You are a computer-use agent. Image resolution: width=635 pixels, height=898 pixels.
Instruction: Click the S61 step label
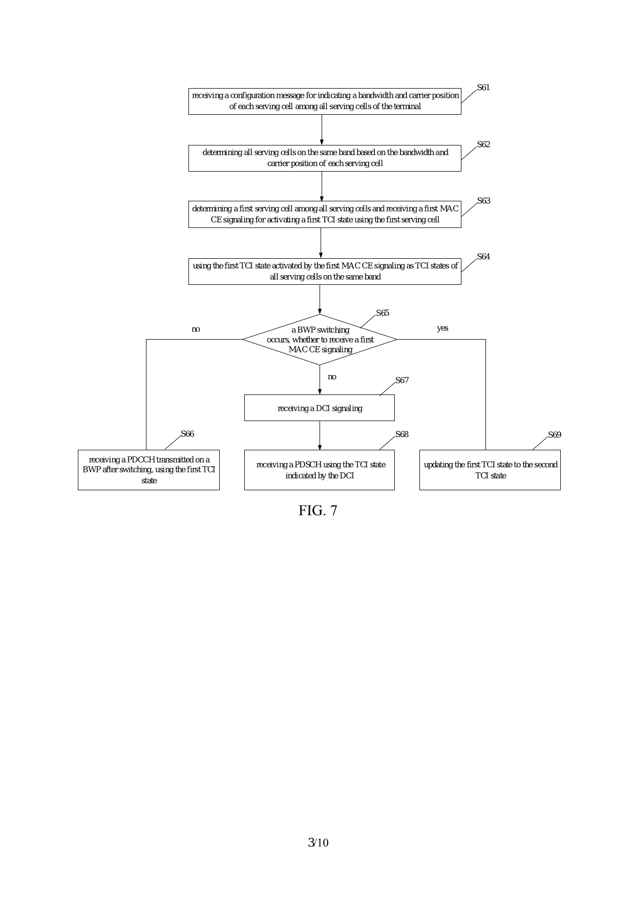pyautogui.click(x=483, y=88)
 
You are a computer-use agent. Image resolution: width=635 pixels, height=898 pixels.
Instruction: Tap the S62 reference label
pyautogui.click(x=483, y=144)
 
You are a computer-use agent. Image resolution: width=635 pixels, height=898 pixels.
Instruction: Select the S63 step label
pyautogui.click(x=483, y=201)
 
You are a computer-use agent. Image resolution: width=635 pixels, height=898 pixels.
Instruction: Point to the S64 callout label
pyautogui.click(x=483, y=257)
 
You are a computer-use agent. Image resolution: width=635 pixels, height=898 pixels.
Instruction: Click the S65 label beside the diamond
pyautogui.click(x=383, y=313)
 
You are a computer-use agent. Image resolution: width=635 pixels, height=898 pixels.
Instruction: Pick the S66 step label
pyautogui.click(x=187, y=434)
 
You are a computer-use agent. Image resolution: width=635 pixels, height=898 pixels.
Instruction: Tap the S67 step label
pyautogui.click(x=402, y=380)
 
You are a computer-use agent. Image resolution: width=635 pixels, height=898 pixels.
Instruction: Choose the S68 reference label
pyautogui.click(x=402, y=434)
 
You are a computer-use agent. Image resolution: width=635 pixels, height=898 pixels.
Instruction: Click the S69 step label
pyautogui.click(x=555, y=435)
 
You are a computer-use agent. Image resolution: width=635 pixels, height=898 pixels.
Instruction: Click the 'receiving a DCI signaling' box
pyautogui.click(x=320, y=408)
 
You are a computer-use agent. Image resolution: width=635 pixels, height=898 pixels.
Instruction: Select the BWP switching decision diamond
pyautogui.click(x=320, y=340)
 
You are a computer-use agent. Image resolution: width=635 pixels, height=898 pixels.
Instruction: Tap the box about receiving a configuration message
pyautogui.click(x=325, y=101)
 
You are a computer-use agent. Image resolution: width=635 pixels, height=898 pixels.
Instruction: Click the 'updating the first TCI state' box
pyautogui.click(x=490, y=470)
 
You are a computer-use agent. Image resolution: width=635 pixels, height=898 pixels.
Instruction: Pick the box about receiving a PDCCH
pyautogui.click(x=149, y=470)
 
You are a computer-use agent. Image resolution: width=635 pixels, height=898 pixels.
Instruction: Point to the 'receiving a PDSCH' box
pyautogui.click(x=320, y=470)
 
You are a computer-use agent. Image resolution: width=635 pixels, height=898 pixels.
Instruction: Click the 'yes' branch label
pyautogui.click(x=442, y=328)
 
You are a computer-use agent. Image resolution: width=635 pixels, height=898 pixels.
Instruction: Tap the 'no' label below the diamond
pyautogui.click(x=332, y=377)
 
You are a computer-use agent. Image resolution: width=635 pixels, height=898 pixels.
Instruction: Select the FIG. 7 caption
pyautogui.click(x=318, y=511)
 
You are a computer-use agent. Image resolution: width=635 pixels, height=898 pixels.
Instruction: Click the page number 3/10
pyautogui.click(x=318, y=843)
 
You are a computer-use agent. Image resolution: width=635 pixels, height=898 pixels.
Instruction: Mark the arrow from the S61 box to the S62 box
pyautogui.click(x=322, y=130)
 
